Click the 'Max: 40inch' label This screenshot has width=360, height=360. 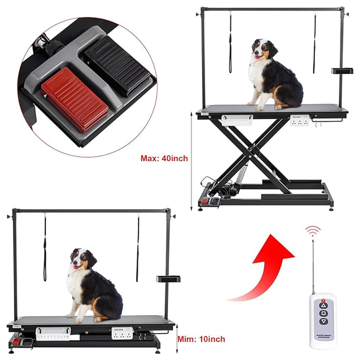(x=164, y=158)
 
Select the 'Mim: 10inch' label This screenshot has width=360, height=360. (x=201, y=339)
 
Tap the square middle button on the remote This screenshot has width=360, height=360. (x=324, y=313)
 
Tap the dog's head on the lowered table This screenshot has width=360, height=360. (x=82, y=260)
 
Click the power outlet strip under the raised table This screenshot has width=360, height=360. (x=300, y=120)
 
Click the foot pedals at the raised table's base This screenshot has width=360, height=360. (x=210, y=202)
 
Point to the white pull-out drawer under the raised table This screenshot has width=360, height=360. (x=237, y=120)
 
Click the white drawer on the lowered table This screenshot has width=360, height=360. (x=53, y=333)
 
